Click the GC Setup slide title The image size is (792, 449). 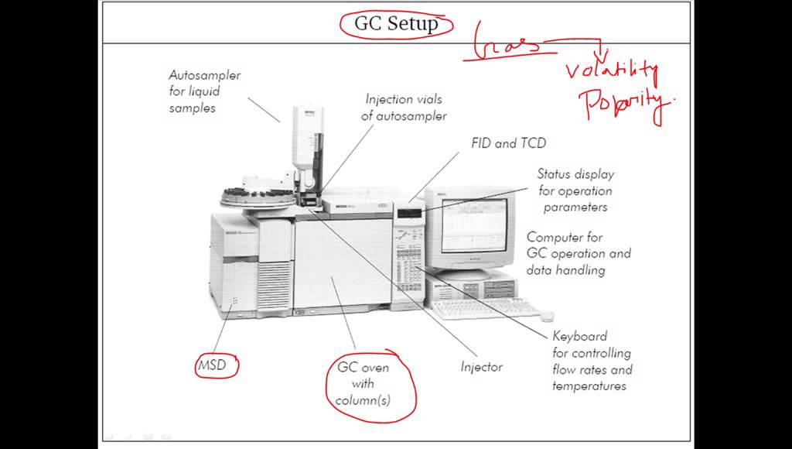point(396,23)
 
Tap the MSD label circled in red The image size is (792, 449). point(212,365)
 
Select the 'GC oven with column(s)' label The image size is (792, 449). point(364,383)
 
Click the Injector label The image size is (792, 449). point(481,367)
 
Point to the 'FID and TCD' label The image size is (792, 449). point(508,143)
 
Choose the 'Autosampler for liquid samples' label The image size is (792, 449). point(204,91)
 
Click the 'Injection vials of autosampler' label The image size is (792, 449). point(405,108)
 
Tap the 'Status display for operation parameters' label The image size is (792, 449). point(575,190)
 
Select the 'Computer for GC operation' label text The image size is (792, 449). point(578,253)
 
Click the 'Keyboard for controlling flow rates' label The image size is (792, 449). point(592,361)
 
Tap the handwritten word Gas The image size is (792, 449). point(507,42)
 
